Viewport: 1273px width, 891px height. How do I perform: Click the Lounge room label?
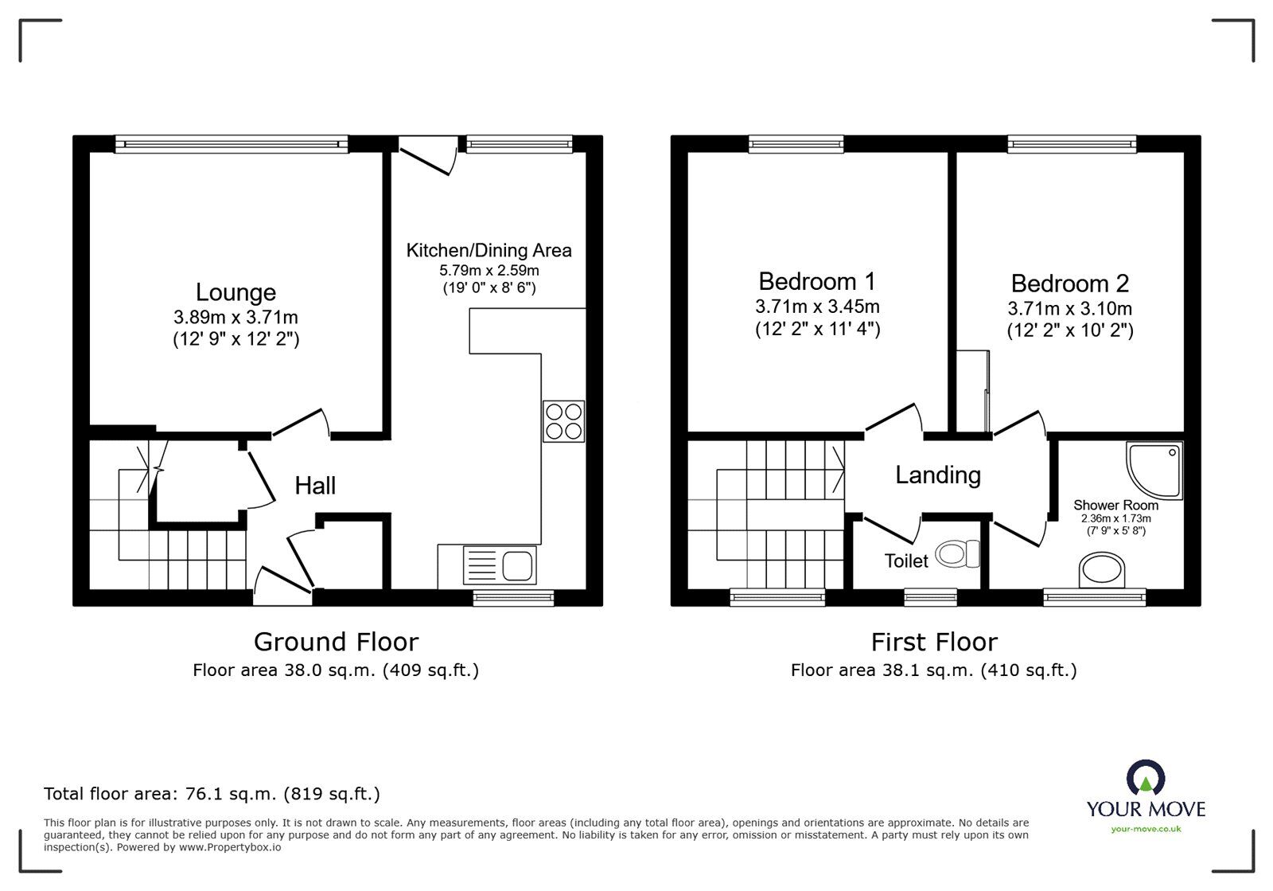[236, 292]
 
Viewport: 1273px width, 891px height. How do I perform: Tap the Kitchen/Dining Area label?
[489, 250]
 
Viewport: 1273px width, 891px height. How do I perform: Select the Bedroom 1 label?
[817, 281]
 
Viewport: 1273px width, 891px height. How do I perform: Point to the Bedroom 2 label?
[1069, 283]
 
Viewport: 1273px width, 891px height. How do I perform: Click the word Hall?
[315, 486]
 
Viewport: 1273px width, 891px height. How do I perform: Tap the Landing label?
[938, 475]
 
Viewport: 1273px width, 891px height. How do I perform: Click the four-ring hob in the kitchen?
[564, 421]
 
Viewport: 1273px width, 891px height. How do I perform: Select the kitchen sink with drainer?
[500, 565]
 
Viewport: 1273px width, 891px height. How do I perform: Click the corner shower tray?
[1154, 471]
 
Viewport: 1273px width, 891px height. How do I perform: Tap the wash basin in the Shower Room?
[1101, 570]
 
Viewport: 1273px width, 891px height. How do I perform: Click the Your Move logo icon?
[1146, 776]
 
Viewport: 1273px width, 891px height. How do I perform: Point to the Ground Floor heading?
[336, 642]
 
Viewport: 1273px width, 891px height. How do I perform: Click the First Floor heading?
[934, 642]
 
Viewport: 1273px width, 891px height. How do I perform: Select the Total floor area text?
[212, 793]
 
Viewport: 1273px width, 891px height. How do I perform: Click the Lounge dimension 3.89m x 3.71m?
[236, 317]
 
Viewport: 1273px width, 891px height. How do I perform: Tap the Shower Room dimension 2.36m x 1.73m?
[1116, 518]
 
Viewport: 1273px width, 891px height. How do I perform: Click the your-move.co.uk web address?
[1146, 829]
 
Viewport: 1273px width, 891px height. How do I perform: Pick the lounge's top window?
[232, 144]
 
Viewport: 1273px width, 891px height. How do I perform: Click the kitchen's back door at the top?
[428, 154]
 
